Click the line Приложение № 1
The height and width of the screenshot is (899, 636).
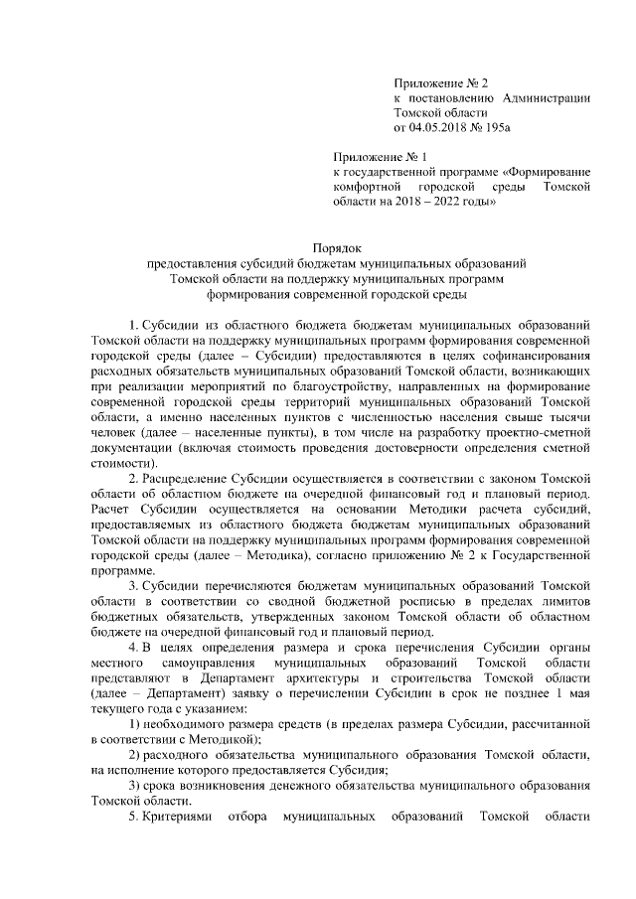(379, 156)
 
